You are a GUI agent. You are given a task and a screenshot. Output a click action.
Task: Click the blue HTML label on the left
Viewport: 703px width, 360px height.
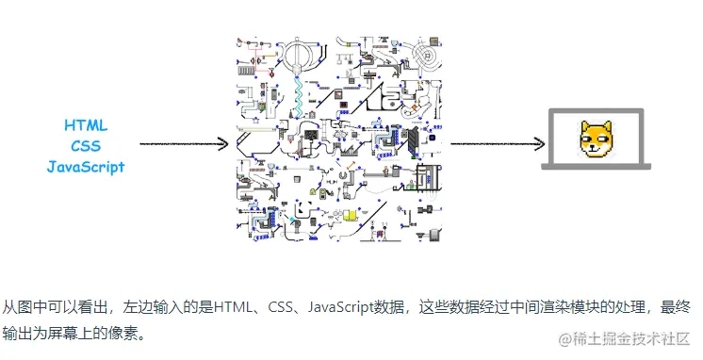point(86,125)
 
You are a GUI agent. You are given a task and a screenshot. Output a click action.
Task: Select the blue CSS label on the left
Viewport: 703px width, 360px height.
point(86,146)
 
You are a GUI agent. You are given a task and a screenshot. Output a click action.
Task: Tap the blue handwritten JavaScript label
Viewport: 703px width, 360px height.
point(86,167)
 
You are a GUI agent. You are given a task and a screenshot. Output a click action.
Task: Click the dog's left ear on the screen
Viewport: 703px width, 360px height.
point(585,126)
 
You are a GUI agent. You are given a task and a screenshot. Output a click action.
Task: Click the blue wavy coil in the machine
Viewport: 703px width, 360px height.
point(299,90)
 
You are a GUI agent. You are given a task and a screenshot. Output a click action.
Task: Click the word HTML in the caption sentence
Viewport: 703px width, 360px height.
point(232,307)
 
